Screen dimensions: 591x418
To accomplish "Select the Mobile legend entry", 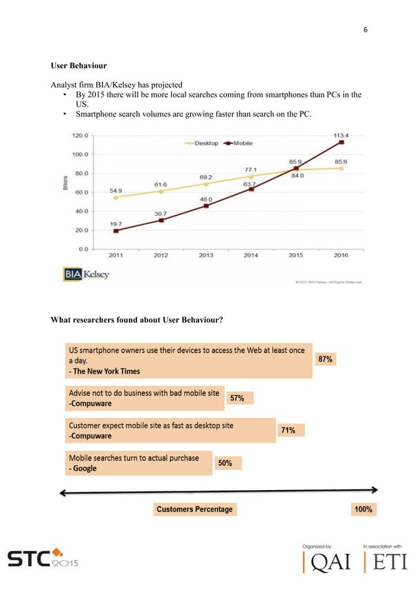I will click(239, 142).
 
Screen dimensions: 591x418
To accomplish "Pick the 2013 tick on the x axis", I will click(206, 256).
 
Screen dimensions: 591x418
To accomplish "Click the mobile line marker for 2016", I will click(341, 142).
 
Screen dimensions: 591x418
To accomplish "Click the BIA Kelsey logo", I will click(86, 275).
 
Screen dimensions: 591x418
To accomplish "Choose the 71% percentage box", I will click(288, 430).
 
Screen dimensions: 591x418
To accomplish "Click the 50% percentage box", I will click(225, 463).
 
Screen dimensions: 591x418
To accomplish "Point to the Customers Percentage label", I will click(195, 509).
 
